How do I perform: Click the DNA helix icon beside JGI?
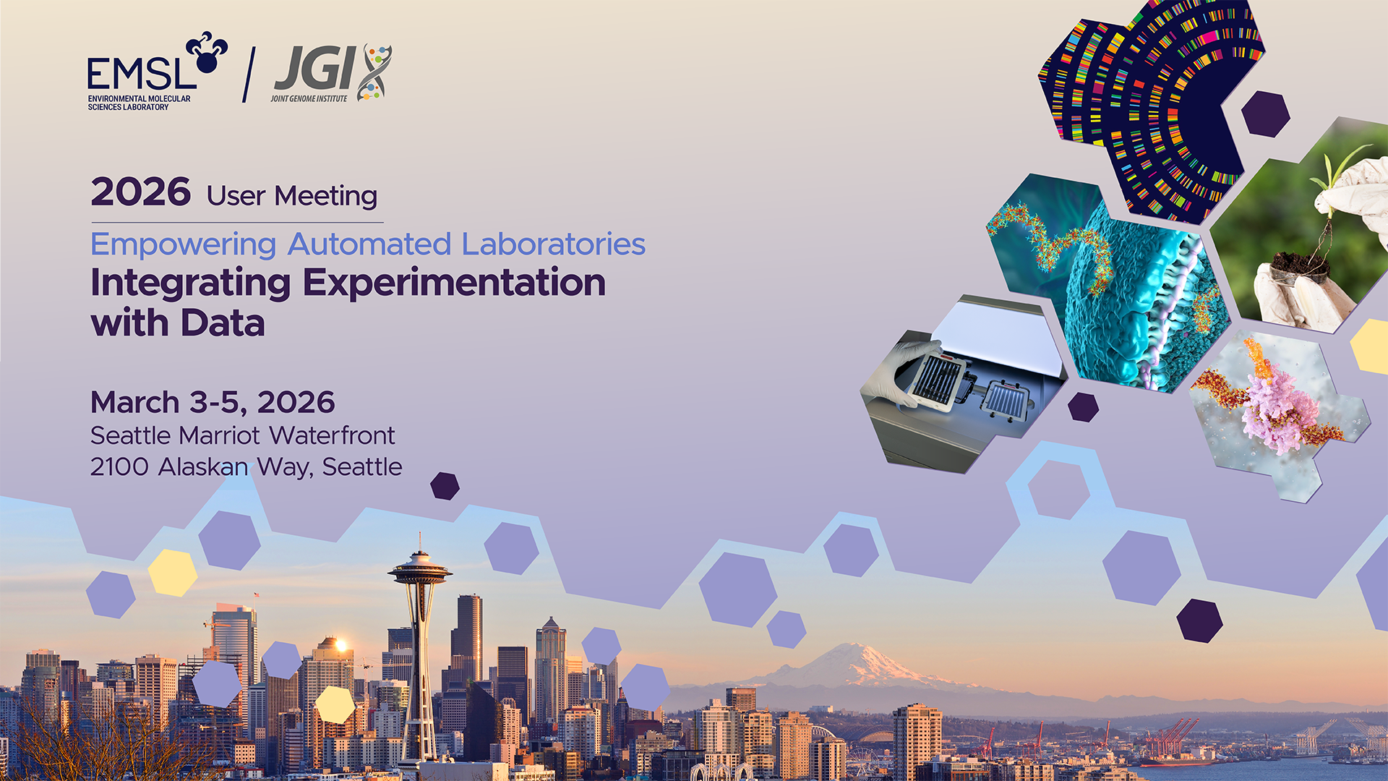tap(375, 72)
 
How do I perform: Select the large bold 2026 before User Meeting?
tap(141, 192)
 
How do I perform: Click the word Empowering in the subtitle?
tap(184, 245)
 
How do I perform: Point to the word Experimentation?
tap(454, 283)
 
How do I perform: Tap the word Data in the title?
tap(223, 323)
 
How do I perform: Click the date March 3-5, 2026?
tap(213, 403)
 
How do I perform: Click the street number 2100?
tap(119, 467)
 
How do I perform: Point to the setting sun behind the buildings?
tap(341, 644)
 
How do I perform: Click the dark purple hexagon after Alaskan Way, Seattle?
tap(445, 486)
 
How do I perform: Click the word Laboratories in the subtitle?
tap(554, 244)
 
